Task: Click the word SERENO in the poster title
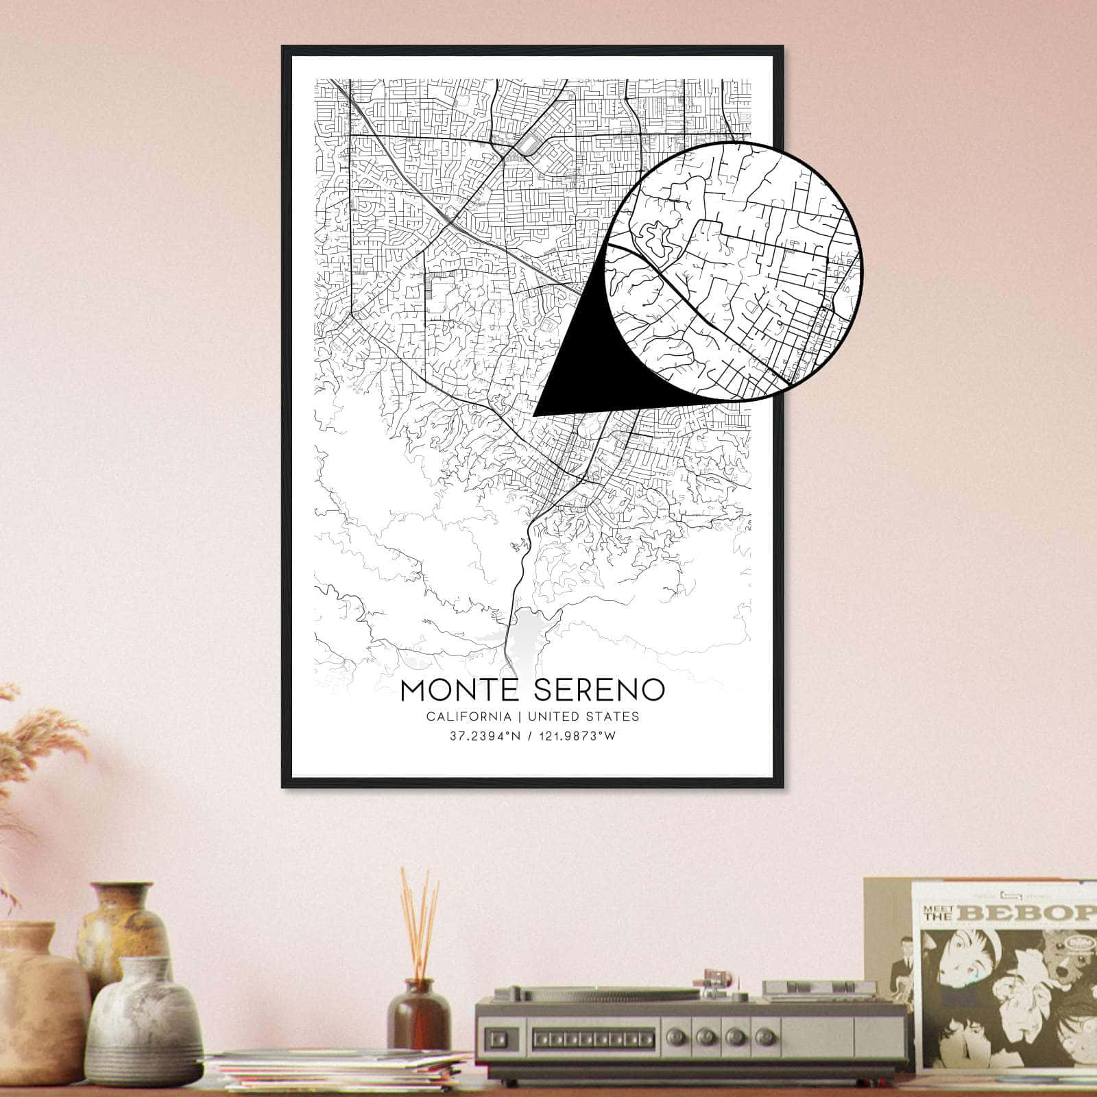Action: (597, 690)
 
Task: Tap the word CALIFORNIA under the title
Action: (468, 716)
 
